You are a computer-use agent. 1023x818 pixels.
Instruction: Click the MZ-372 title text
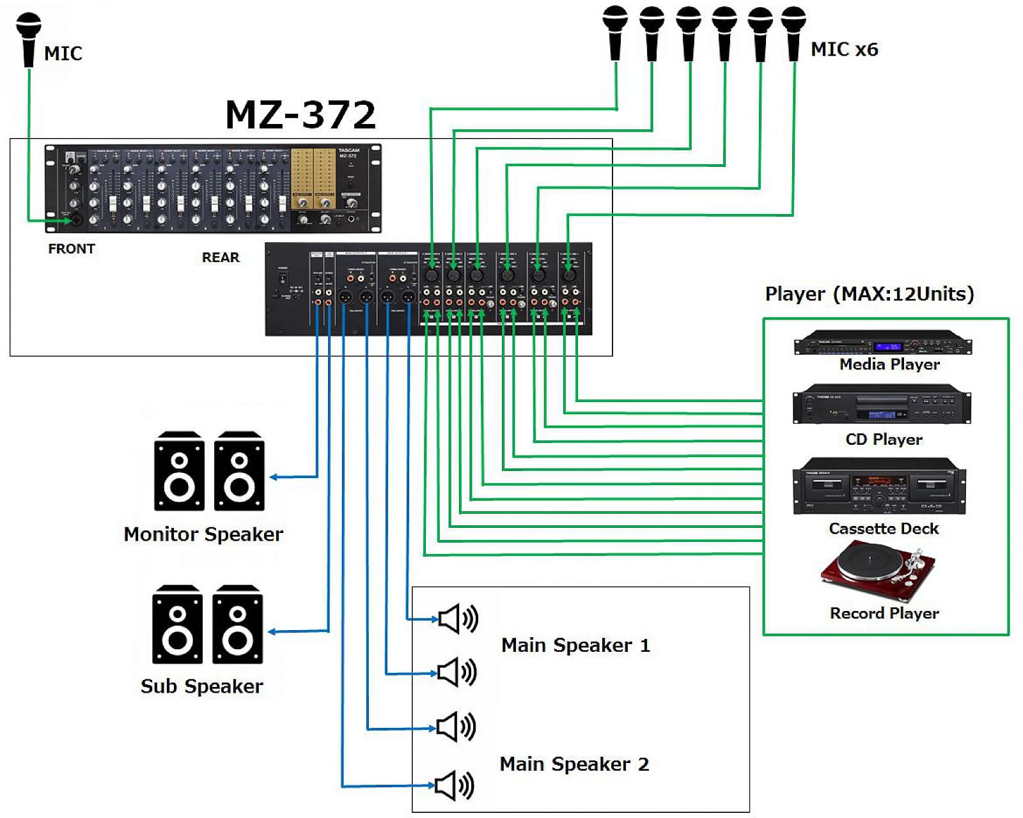click(x=301, y=115)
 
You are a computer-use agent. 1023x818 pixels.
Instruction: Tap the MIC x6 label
click(x=844, y=49)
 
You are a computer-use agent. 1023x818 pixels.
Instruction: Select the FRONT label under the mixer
click(x=71, y=249)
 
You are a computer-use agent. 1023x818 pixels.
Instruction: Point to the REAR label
click(x=221, y=257)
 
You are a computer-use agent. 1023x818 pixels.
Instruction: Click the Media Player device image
click(x=882, y=343)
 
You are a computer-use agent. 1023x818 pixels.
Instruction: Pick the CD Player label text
click(x=884, y=440)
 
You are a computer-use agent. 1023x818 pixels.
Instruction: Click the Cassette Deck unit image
click(x=879, y=487)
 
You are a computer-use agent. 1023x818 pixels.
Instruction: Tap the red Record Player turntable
click(x=879, y=570)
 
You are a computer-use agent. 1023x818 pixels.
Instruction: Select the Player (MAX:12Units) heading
click(x=870, y=294)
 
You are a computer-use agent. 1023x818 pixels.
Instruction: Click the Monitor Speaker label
click(x=203, y=534)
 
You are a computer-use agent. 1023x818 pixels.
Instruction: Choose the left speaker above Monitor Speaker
click(x=179, y=472)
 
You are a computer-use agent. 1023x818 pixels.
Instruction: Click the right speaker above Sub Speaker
click(x=237, y=625)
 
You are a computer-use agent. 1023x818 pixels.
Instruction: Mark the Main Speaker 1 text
click(x=575, y=645)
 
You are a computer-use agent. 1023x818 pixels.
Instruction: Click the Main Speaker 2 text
click(x=574, y=764)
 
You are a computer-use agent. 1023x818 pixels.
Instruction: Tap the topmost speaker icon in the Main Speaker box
click(x=458, y=619)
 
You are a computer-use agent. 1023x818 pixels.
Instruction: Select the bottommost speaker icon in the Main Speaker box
click(x=455, y=785)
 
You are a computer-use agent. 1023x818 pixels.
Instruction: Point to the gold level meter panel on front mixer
click(x=313, y=179)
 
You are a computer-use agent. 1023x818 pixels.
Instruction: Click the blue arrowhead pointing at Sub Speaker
click(x=272, y=632)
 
